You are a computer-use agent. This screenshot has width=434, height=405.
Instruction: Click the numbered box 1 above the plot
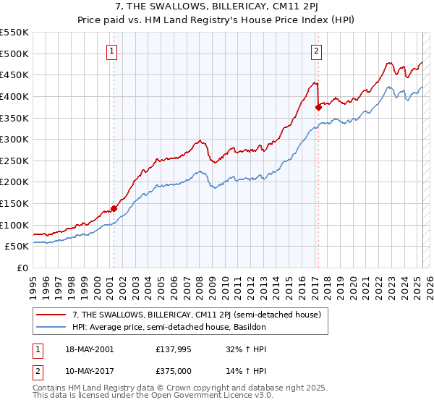(x=114, y=51)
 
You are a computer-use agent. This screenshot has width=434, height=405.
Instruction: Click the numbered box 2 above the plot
(x=317, y=51)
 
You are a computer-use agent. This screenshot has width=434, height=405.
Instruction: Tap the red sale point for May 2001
(x=114, y=209)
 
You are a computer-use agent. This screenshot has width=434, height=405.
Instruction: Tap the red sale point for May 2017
(x=318, y=107)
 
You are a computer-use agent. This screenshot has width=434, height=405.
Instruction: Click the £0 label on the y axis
(x=22, y=268)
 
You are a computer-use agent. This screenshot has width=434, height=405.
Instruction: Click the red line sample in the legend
(x=52, y=315)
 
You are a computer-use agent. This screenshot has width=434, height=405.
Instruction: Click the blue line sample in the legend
(x=52, y=328)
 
